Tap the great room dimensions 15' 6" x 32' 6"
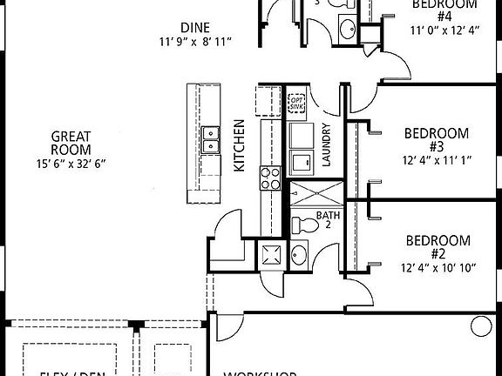click(71, 163)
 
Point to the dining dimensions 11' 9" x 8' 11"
click(195, 42)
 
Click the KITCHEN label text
click(240, 148)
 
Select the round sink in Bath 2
click(299, 254)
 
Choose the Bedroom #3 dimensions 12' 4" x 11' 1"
click(437, 160)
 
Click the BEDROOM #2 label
click(438, 247)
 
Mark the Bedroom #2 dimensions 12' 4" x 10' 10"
click(438, 268)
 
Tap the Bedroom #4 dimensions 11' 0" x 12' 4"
click(444, 30)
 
